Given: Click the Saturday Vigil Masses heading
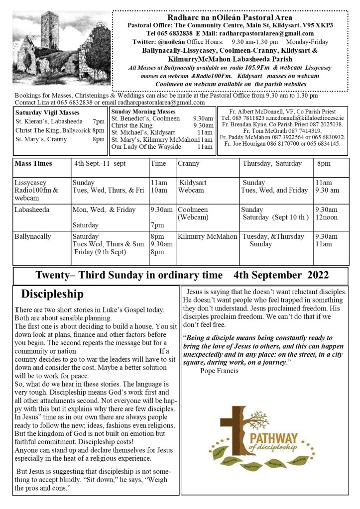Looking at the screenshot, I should [x=47, y=112].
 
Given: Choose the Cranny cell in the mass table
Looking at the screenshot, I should [x=189, y=163].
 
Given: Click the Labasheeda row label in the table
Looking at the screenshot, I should [x=32, y=209].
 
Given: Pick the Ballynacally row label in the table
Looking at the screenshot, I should [x=33, y=236].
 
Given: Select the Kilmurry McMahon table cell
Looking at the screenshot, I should [x=207, y=236].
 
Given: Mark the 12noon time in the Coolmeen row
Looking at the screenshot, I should [x=327, y=217].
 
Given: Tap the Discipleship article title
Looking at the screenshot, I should [x=52, y=294].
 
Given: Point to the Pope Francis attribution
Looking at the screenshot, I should [x=219, y=371].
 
